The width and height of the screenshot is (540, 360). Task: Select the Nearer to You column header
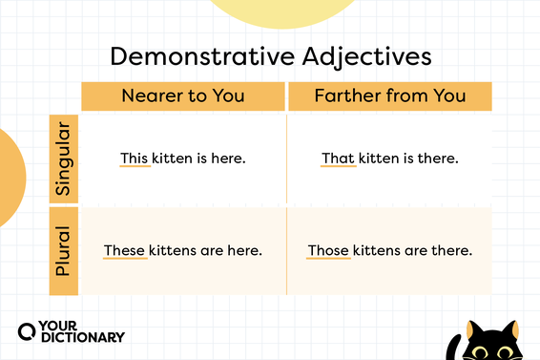[x=182, y=95]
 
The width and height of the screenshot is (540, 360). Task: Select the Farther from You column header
[x=389, y=95]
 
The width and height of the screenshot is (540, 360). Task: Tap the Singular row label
[x=64, y=159]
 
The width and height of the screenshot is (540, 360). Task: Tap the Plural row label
[x=64, y=251]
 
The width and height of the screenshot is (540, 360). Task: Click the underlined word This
[x=135, y=158]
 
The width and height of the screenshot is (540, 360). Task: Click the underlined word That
[x=337, y=158]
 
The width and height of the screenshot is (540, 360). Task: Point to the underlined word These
[x=124, y=251]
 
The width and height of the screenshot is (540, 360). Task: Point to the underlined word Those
[x=328, y=251]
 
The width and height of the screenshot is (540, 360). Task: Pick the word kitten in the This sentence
[x=176, y=158]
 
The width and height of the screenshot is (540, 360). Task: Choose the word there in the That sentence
[x=439, y=158]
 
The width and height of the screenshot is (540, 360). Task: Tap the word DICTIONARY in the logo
[x=83, y=336]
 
